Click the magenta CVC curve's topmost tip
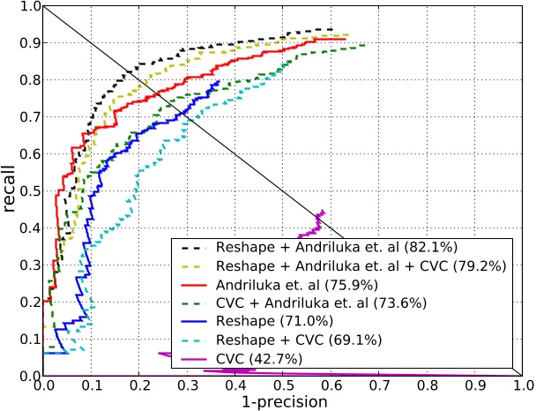323,211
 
